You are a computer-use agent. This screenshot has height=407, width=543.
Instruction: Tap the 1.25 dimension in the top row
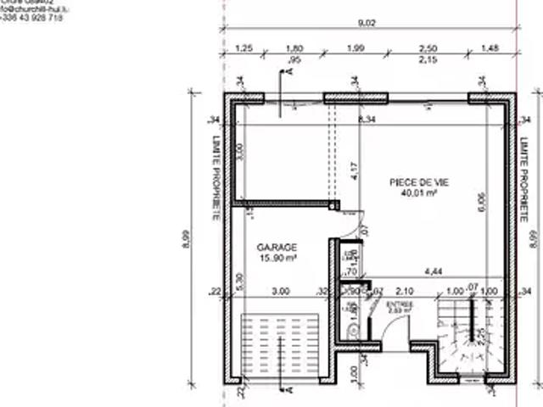244,48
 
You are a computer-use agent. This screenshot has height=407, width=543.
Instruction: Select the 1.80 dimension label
295,48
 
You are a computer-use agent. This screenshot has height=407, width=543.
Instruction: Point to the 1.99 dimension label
355,48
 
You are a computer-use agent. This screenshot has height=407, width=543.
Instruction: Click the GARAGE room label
277,247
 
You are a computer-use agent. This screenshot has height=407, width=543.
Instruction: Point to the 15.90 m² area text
277,258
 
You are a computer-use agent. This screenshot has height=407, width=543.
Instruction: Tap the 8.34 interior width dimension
367,120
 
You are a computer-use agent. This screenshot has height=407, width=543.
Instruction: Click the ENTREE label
398,304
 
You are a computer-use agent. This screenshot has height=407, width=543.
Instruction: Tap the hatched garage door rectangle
280,347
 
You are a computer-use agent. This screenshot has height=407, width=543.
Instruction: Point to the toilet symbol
352,330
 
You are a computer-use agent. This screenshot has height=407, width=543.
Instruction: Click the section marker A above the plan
288,73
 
